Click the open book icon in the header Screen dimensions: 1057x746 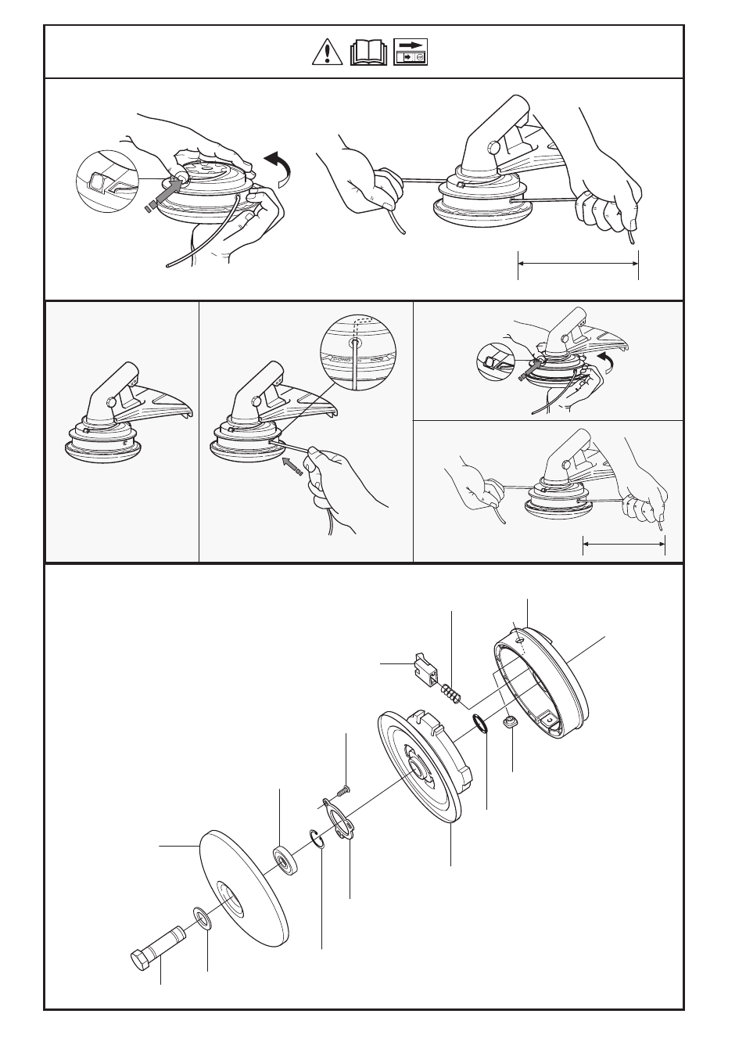369,52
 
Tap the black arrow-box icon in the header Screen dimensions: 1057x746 411,52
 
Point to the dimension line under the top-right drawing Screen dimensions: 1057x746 578,264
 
